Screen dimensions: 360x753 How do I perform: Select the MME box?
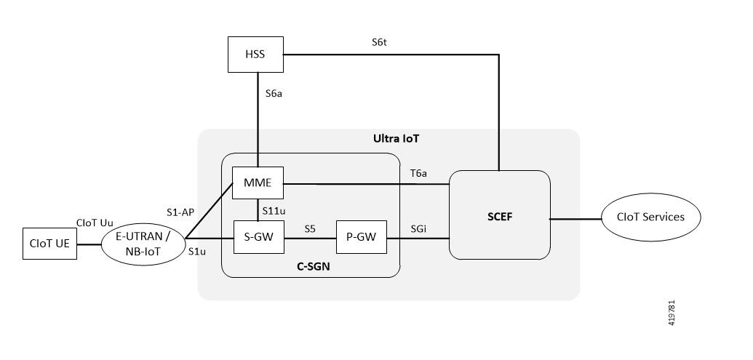[258, 183]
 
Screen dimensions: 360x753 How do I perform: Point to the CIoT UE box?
[49, 243]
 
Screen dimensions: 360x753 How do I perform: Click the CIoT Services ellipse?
[652, 217]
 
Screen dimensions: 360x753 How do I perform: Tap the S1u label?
[196, 252]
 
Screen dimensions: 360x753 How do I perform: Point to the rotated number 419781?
[672, 313]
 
